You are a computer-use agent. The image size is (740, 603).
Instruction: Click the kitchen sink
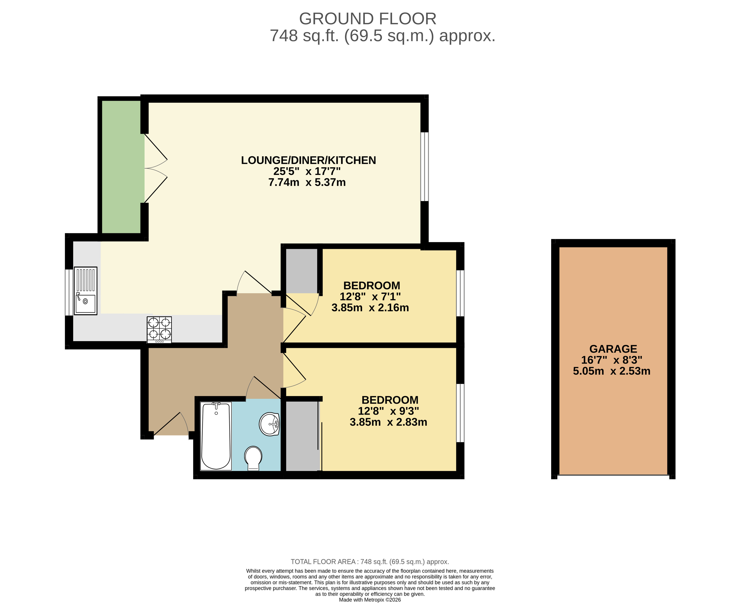85,291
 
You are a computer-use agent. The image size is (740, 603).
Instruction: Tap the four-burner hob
159,330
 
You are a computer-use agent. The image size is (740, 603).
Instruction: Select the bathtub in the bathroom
216,436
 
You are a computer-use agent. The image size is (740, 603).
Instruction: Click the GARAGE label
613,349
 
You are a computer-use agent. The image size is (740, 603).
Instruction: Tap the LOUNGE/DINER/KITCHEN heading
308,160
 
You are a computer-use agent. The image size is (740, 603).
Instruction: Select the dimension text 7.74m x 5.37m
307,182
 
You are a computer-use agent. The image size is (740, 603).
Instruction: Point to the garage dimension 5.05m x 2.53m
611,371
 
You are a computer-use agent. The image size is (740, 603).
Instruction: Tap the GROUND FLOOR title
368,19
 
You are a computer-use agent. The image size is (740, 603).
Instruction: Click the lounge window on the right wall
425,167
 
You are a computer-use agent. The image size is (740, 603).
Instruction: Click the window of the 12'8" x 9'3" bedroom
460,413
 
